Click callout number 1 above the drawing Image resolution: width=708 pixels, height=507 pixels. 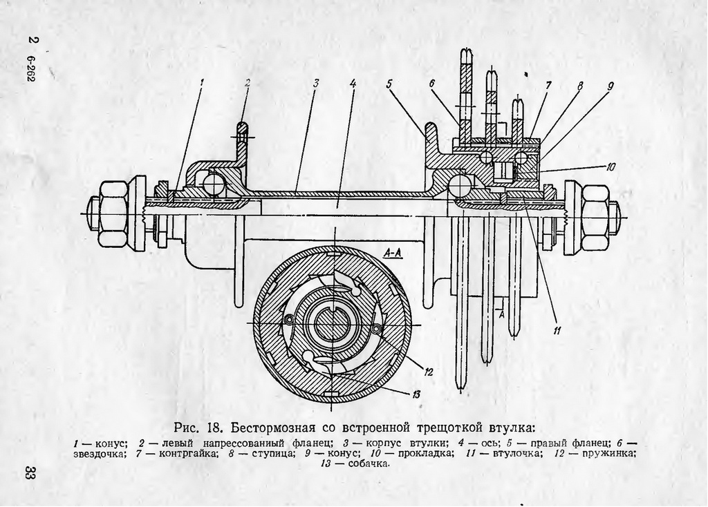[x=203, y=83]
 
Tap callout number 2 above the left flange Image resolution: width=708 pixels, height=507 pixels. [x=247, y=83]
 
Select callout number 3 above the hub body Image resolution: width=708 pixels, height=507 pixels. [x=315, y=83]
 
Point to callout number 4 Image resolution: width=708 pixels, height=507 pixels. [x=353, y=83]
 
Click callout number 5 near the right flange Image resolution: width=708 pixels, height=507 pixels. [x=389, y=84]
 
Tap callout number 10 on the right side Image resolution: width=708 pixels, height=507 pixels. [x=612, y=166]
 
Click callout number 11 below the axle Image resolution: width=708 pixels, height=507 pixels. [x=557, y=330]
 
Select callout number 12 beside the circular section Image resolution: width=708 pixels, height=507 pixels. [x=429, y=372]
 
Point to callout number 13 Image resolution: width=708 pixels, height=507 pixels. [x=416, y=394]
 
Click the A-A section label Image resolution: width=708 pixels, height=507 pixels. [x=392, y=253]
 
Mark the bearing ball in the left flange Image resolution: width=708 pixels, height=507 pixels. [x=214, y=184]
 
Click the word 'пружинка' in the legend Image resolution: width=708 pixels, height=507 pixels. [x=606, y=453]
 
